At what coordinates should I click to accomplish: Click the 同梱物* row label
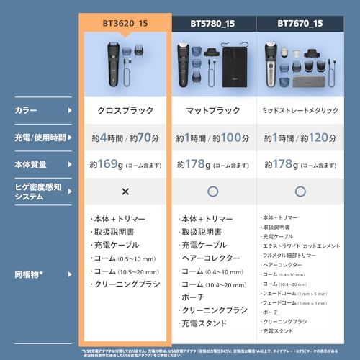(31, 274)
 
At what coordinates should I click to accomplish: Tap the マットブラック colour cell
(214, 111)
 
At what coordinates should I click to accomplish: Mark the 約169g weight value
(104, 165)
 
